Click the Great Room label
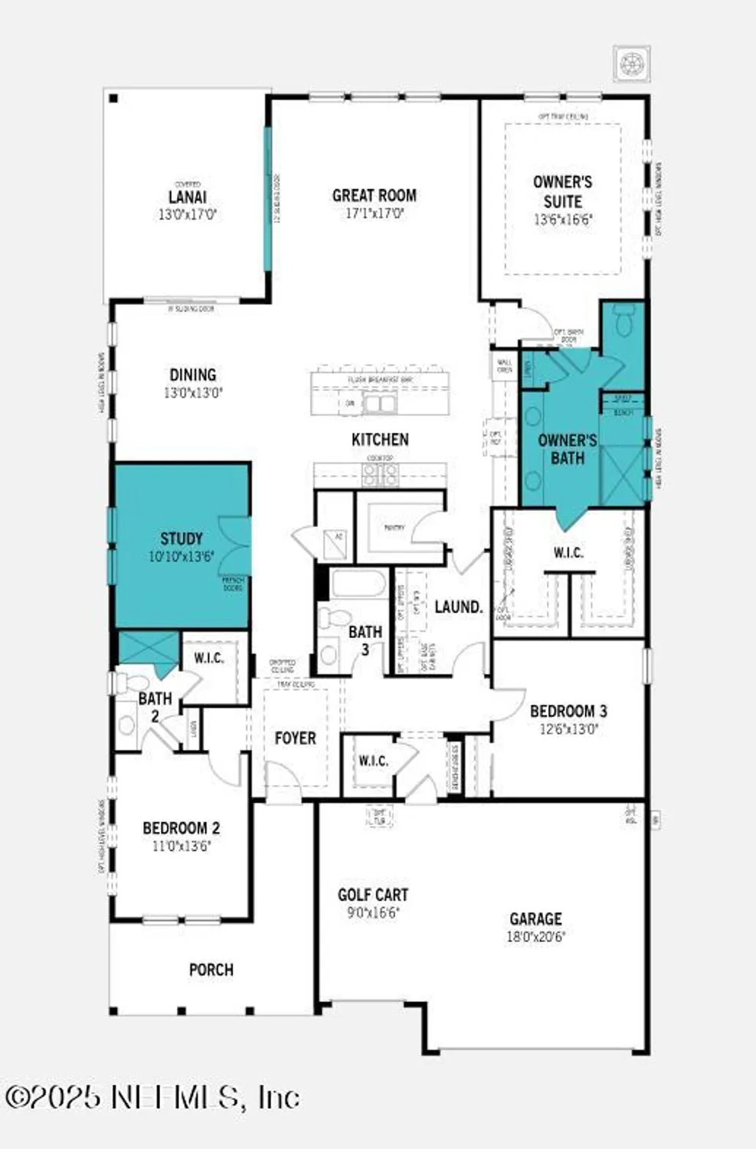374,195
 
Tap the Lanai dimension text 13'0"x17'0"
188,214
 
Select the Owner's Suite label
562,191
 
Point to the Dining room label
192,375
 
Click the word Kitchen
380,439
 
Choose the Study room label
182,538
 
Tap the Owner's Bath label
567,449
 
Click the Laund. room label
458,607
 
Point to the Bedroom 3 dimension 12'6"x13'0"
568,729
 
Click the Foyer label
295,738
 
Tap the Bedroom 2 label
181,828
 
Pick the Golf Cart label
373,895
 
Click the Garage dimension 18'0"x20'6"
535,936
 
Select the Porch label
211,969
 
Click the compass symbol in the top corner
632,64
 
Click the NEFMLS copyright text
152,1097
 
